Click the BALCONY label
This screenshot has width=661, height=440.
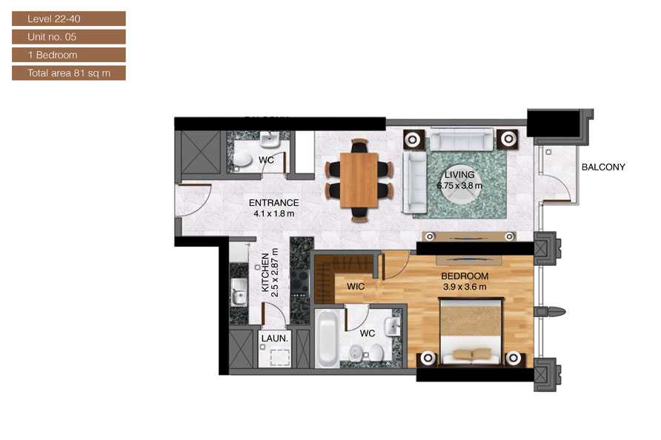(x=602, y=167)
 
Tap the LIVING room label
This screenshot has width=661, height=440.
(x=459, y=175)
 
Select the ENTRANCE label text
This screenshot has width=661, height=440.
(x=273, y=203)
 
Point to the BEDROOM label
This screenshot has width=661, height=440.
(x=465, y=276)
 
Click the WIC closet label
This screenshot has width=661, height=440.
(x=356, y=287)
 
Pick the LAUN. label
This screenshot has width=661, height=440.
(x=274, y=338)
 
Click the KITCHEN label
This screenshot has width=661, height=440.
(x=265, y=273)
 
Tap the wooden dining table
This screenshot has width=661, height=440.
(x=359, y=180)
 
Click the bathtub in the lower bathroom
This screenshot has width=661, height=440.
(x=327, y=339)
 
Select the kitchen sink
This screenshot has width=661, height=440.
(x=239, y=292)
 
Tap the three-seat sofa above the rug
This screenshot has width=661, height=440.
(x=461, y=139)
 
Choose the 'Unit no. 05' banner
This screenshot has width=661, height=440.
(x=69, y=37)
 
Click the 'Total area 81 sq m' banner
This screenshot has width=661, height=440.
(x=69, y=73)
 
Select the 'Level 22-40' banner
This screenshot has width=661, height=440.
(x=69, y=19)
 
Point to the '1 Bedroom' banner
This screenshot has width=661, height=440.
(x=69, y=55)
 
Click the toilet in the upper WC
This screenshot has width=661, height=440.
(x=242, y=159)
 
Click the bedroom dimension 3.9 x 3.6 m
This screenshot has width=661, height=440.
(x=465, y=287)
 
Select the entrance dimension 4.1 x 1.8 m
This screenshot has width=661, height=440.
(x=273, y=213)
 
